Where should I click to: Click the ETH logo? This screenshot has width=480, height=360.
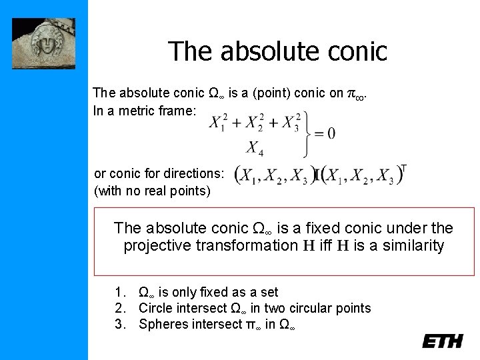pyautogui.click(x=442, y=341)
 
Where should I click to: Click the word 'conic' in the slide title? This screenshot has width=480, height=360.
pyautogui.click(x=355, y=51)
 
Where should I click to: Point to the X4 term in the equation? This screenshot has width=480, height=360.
pyautogui.click(x=255, y=148)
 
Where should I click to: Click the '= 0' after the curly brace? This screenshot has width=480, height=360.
pyautogui.click(x=325, y=133)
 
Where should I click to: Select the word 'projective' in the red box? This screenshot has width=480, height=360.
pyautogui.click(x=158, y=246)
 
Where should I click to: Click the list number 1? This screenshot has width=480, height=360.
pyautogui.click(x=119, y=292)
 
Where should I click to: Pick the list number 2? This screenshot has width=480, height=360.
pyautogui.click(x=119, y=308)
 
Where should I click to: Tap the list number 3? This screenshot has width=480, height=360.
pyautogui.click(x=119, y=324)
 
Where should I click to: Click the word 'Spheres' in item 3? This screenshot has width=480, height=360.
pyautogui.click(x=161, y=324)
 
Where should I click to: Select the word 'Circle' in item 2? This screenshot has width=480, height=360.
pyautogui.click(x=155, y=308)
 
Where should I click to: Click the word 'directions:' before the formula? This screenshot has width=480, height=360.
pyautogui.click(x=193, y=173)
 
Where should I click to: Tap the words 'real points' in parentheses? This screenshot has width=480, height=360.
pyautogui.click(x=178, y=191)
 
